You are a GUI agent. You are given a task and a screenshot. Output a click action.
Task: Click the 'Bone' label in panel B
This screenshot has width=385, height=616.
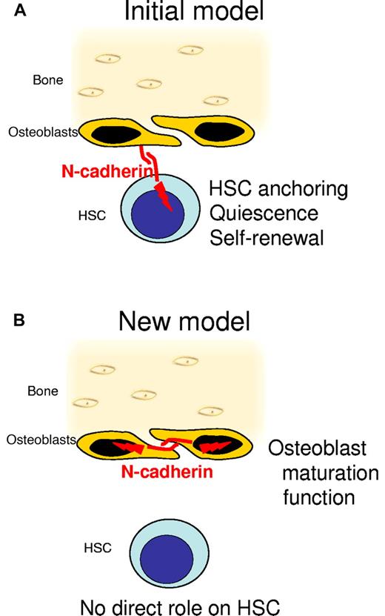click(x=47, y=389)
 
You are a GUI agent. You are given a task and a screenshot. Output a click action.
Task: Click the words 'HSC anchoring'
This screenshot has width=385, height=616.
click(x=278, y=188)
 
